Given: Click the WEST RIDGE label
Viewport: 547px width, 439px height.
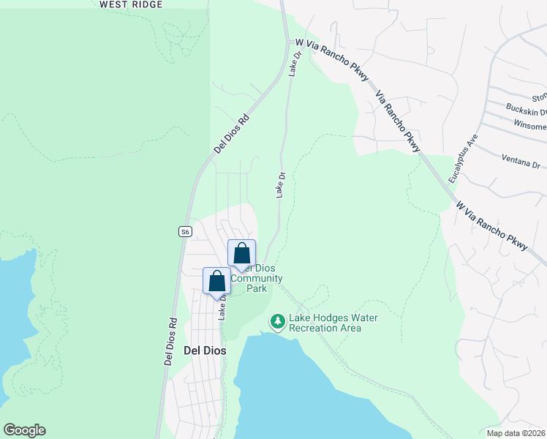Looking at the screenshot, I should [131, 4].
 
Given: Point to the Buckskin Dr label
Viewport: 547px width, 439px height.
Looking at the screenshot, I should [527, 110].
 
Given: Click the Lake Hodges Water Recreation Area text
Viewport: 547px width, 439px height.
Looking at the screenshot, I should [325, 323].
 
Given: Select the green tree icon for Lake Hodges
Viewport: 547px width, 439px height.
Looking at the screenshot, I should [277, 321].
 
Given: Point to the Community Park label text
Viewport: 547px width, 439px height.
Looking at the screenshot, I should [256, 283].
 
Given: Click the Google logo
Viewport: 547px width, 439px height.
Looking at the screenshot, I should [24, 430].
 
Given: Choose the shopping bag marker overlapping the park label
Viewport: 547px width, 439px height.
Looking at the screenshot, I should [242, 253].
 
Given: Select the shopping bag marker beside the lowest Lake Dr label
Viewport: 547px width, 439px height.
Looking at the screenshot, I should [216, 281].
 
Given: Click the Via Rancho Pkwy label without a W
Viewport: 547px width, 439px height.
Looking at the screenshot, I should [399, 121].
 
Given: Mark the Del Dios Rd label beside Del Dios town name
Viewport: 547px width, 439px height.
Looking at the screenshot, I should [170, 341].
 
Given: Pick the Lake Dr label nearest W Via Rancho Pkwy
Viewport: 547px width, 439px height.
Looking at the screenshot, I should [295, 64].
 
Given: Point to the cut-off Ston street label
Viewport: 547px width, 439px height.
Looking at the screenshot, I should [539, 97].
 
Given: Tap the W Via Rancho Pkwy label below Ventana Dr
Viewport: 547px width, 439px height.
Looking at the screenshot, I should [491, 228].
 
